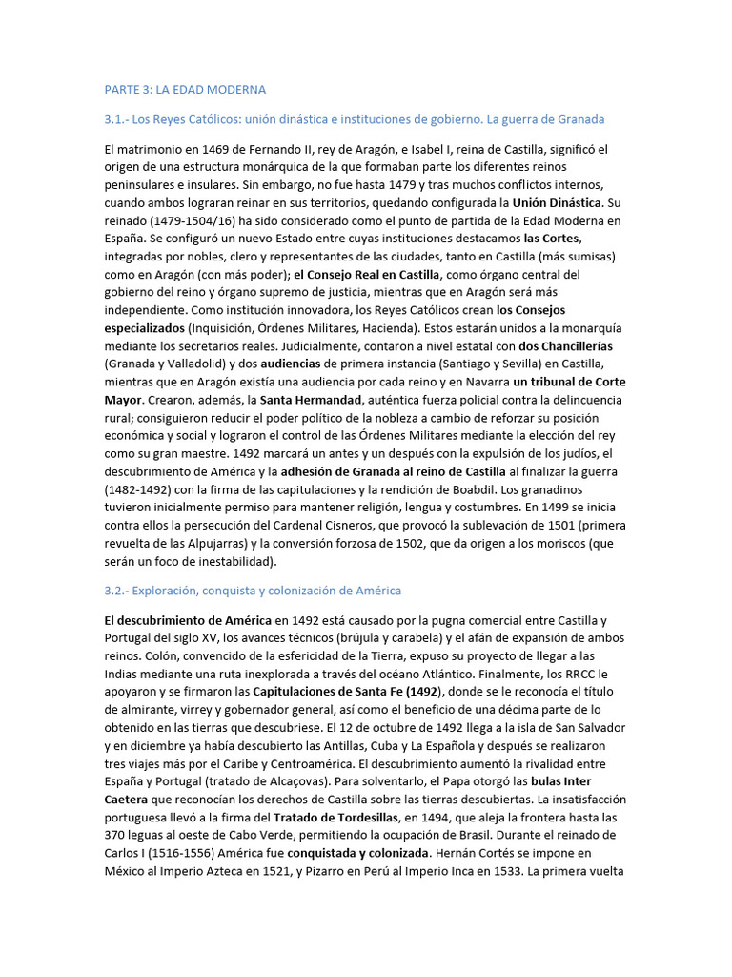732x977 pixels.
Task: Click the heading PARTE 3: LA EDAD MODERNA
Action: (x=185, y=89)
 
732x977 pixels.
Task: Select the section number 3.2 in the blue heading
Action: (x=114, y=591)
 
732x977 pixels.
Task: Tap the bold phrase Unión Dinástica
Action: (x=557, y=203)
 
